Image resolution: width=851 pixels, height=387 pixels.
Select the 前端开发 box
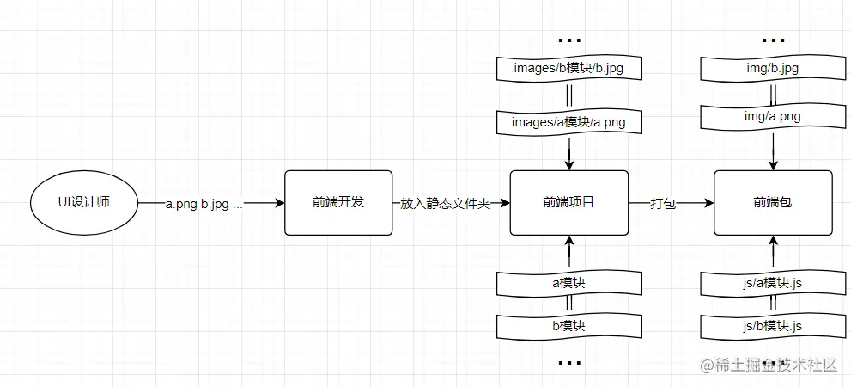point(337,203)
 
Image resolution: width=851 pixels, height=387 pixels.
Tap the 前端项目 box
point(568,203)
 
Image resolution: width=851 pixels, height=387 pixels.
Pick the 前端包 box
point(773,203)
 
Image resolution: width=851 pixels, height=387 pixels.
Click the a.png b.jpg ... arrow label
point(204,204)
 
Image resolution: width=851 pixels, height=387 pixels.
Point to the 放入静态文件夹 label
point(445,204)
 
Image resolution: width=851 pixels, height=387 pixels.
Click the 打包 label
point(663,204)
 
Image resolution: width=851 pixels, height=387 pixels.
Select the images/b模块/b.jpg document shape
point(568,68)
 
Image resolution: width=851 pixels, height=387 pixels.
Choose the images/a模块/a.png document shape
point(568,122)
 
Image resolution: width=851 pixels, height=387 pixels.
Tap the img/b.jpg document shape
point(773,68)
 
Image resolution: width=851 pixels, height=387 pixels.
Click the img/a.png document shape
point(773,116)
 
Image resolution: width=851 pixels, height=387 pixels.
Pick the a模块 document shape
point(568,281)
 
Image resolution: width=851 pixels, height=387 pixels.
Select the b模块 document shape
point(568,326)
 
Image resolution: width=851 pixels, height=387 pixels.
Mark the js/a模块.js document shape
point(773,281)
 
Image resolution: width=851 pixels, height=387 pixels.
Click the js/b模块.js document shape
point(773,326)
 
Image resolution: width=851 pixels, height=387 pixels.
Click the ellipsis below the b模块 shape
point(568,364)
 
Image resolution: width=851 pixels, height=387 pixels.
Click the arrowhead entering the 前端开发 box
point(279,204)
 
